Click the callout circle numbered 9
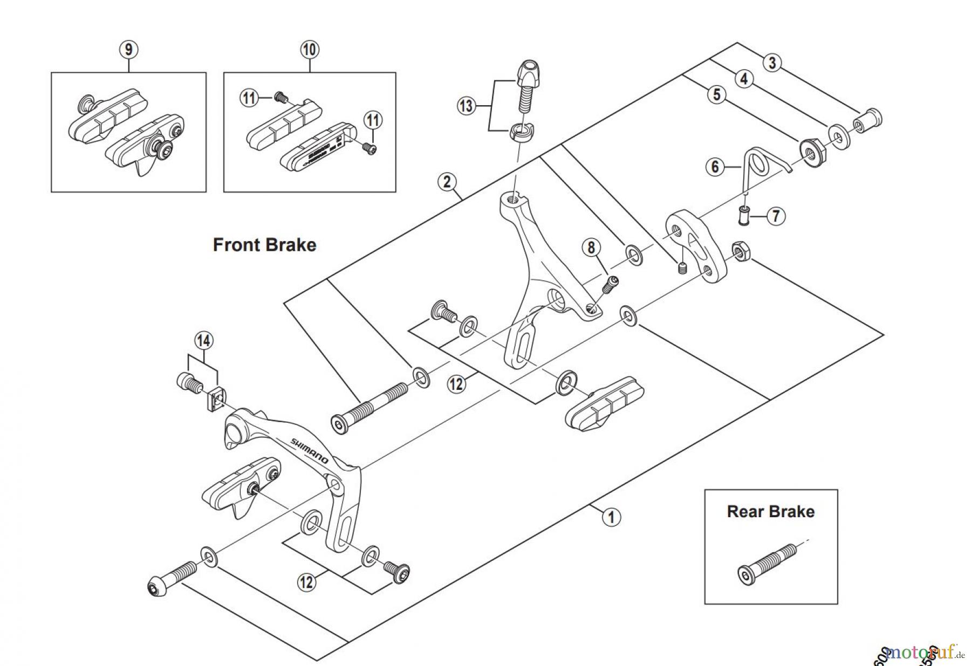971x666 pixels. [x=128, y=50]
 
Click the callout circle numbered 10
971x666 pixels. [x=309, y=50]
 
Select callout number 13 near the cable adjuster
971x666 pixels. [x=466, y=106]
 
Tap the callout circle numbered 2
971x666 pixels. [x=447, y=181]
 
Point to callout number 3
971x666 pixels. [x=772, y=63]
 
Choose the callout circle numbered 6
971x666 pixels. [x=715, y=167]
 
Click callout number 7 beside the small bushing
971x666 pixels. [x=776, y=217]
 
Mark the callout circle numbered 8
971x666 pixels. [x=591, y=248]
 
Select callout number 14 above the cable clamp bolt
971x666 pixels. [x=203, y=341]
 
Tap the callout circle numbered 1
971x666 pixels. [x=611, y=517]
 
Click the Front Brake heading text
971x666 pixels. [x=264, y=245]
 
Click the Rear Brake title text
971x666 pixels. [x=770, y=511]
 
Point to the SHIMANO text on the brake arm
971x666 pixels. [x=310, y=450]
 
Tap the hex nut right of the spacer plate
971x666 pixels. [x=740, y=252]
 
